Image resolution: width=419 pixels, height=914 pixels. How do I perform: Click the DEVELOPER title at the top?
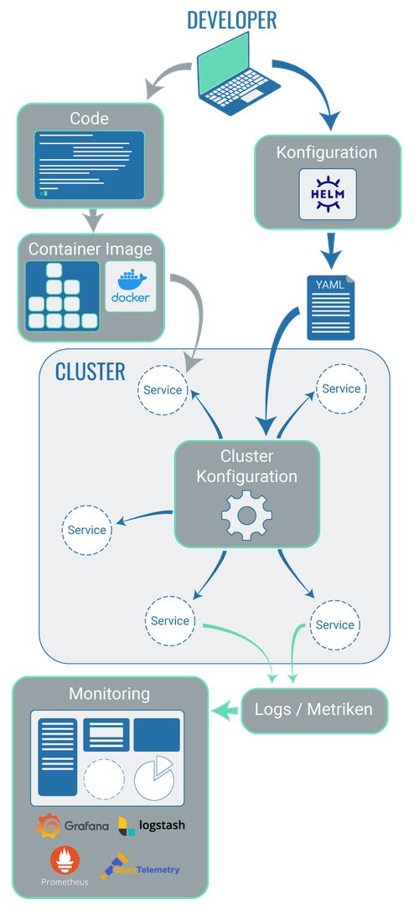click(x=231, y=20)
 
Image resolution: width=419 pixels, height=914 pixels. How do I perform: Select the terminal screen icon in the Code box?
click(x=89, y=165)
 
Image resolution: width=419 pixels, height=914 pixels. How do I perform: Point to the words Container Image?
click(x=91, y=249)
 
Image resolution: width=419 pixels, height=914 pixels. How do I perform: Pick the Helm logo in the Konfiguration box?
click(x=328, y=194)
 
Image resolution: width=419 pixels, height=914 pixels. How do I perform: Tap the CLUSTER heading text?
click(x=90, y=372)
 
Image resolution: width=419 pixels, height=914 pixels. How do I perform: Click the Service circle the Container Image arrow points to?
click(x=163, y=389)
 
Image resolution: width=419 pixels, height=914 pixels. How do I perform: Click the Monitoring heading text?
click(x=109, y=694)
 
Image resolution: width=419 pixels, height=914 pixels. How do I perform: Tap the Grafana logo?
click(x=74, y=825)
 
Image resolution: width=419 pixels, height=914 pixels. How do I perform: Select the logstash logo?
click(x=152, y=825)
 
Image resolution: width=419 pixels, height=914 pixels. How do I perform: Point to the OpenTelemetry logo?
click(x=141, y=868)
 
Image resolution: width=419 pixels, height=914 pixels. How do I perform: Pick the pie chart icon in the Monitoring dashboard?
click(x=154, y=778)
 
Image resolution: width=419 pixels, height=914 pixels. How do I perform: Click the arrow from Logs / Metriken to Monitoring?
click(x=225, y=711)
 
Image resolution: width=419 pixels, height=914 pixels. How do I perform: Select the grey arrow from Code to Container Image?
click(x=93, y=220)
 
